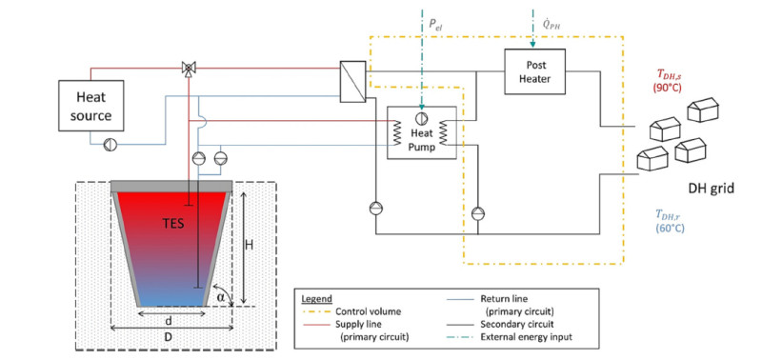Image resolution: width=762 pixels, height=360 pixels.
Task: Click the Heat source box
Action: pos(90,106)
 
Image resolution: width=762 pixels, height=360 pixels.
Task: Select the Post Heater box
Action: pos(535,71)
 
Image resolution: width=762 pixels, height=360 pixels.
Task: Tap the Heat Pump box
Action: pos(421,132)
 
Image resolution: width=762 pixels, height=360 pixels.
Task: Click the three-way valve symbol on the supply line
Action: pos(188,68)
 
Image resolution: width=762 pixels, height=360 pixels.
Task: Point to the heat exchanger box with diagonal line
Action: pos(352,82)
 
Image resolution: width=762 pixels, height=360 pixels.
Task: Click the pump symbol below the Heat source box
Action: pos(110,145)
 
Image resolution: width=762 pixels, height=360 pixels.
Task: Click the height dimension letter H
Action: pos(249,246)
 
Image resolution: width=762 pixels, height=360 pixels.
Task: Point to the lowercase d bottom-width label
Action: pos(169,322)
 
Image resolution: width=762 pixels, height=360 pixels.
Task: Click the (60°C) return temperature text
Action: pos(670,228)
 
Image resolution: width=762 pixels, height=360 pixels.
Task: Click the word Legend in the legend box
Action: pos(316,298)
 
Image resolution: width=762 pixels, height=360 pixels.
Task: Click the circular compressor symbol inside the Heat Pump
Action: pos(422,118)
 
